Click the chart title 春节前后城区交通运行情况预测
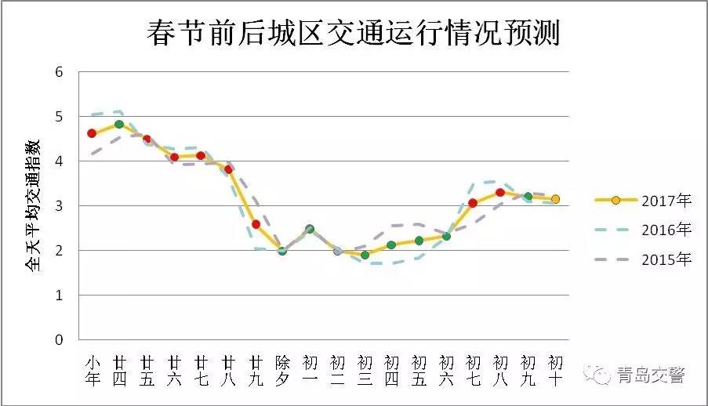pos(354,34)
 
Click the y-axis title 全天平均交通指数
pos(34,205)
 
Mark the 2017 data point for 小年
pos(92,133)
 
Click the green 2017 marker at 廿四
pos(119,124)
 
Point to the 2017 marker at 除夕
pos(282,251)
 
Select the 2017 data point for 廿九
pos(256,224)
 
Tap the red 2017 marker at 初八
pos(500,192)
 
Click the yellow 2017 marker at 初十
pos(555,199)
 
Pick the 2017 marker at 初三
pos(365,255)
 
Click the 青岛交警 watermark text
pos(650,375)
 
